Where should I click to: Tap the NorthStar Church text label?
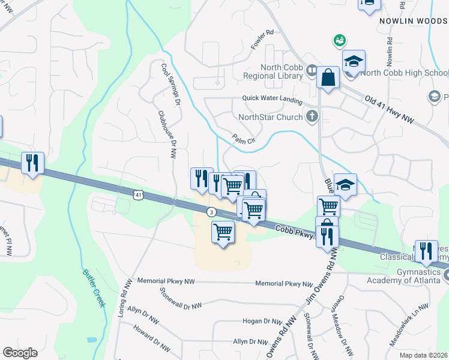coord(270,117)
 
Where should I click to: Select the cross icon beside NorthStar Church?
coord(312,116)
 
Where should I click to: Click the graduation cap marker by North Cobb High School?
coord(354,62)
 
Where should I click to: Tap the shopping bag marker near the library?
coord(328,77)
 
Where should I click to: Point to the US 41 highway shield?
coord(139,195)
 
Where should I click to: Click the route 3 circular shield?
coord(211,212)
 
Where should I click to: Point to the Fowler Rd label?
coord(262,40)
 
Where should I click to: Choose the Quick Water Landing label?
coord(272,98)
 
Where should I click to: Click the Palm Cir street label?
coord(244,139)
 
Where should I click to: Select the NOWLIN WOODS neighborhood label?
coord(413,21)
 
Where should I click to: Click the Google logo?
coord(20,353)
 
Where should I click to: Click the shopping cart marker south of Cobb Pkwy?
coord(223,231)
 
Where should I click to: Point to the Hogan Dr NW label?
coord(262,322)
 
